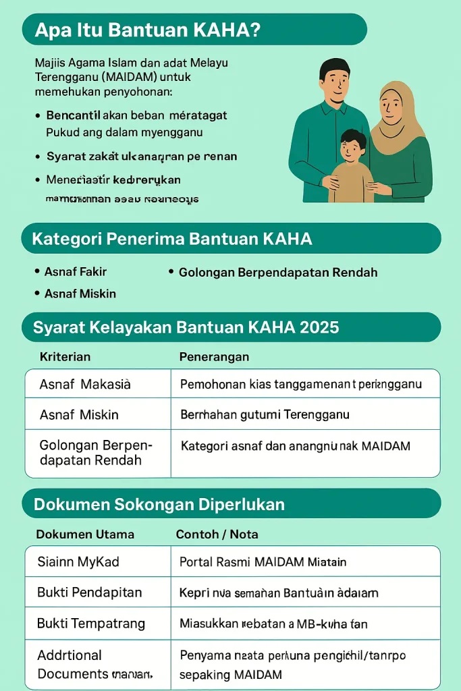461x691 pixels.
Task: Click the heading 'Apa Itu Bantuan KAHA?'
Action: [x=147, y=30]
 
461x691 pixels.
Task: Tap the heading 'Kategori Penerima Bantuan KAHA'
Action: [x=172, y=239]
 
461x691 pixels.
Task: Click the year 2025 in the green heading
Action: [x=318, y=328]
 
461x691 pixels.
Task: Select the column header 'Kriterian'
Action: [x=65, y=356]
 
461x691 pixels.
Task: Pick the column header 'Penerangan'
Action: [x=214, y=356]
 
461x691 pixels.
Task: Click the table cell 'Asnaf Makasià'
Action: [x=85, y=384]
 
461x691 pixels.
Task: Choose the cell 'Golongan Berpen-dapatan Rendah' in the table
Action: [x=96, y=453]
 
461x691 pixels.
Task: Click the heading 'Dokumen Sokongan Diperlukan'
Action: [x=159, y=505]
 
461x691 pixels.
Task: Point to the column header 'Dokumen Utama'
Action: [x=85, y=534]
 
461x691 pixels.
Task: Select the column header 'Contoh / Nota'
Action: [x=217, y=534]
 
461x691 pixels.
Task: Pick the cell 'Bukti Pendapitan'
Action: [x=89, y=592]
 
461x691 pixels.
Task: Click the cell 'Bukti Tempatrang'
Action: [x=91, y=624]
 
